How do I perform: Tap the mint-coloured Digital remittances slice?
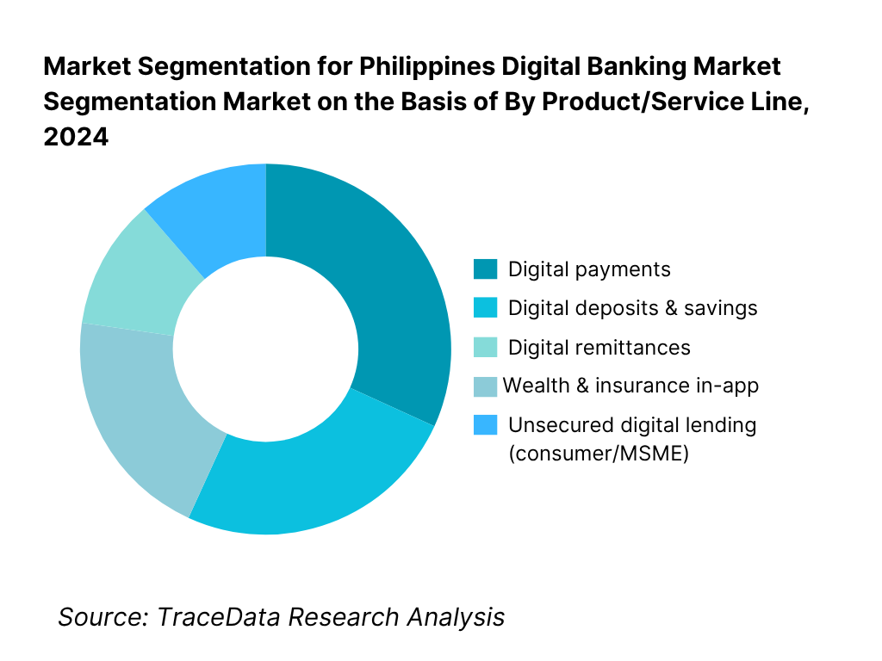(x=129, y=275)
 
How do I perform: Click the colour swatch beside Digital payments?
(x=485, y=269)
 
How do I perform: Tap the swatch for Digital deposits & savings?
(x=485, y=308)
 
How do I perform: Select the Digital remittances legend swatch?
(x=485, y=348)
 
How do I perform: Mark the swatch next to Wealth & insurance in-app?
(x=485, y=386)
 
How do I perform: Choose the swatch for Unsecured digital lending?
(x=485, y=425)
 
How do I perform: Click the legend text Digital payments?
(x=589, y=269)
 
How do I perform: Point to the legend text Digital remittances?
(x=599, y=348)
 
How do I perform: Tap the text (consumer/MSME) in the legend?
(x=599, y=454)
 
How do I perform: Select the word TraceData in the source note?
(x=220, y=617)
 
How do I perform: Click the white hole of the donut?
(x=265, y=349)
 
